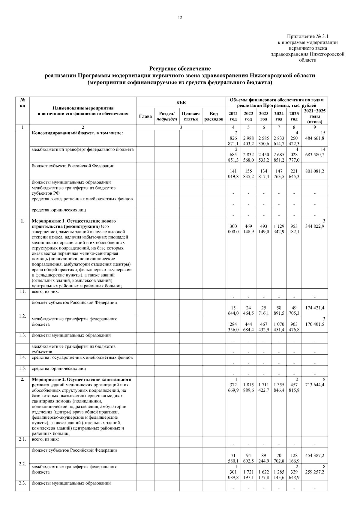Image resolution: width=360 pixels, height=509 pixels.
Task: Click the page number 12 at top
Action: pos(180,18)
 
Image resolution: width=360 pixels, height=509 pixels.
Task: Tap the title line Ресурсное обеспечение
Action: pos(180,69)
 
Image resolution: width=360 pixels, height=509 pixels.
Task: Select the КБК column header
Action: pos(181,103)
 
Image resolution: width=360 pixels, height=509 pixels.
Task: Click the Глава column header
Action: pos(145,116)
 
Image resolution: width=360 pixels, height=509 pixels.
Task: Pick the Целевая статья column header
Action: pos(191,116)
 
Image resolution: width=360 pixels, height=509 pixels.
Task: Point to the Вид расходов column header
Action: pos(214,116)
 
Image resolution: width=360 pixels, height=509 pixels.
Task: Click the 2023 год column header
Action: pos(264,116)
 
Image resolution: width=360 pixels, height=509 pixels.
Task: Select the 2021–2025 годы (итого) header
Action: pos(314,116)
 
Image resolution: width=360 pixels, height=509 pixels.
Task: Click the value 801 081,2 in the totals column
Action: pos(314,171)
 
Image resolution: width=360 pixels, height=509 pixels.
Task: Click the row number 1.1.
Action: pos(22,292)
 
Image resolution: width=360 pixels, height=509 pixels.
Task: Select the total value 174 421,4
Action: pos(314,308)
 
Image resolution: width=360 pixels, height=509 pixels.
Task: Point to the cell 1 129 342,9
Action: pos(279,229)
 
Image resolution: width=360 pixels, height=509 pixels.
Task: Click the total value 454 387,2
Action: pos(314,455)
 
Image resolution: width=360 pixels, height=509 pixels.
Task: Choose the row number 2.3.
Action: pos(22,483)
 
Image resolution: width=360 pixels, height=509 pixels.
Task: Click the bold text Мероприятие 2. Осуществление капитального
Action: pos(81,379)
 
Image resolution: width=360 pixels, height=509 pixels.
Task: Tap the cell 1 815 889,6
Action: pos(248,388)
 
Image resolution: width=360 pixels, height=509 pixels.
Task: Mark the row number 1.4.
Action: pos(22,358)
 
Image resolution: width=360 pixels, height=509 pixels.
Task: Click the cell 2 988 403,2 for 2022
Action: pos(248,141)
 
